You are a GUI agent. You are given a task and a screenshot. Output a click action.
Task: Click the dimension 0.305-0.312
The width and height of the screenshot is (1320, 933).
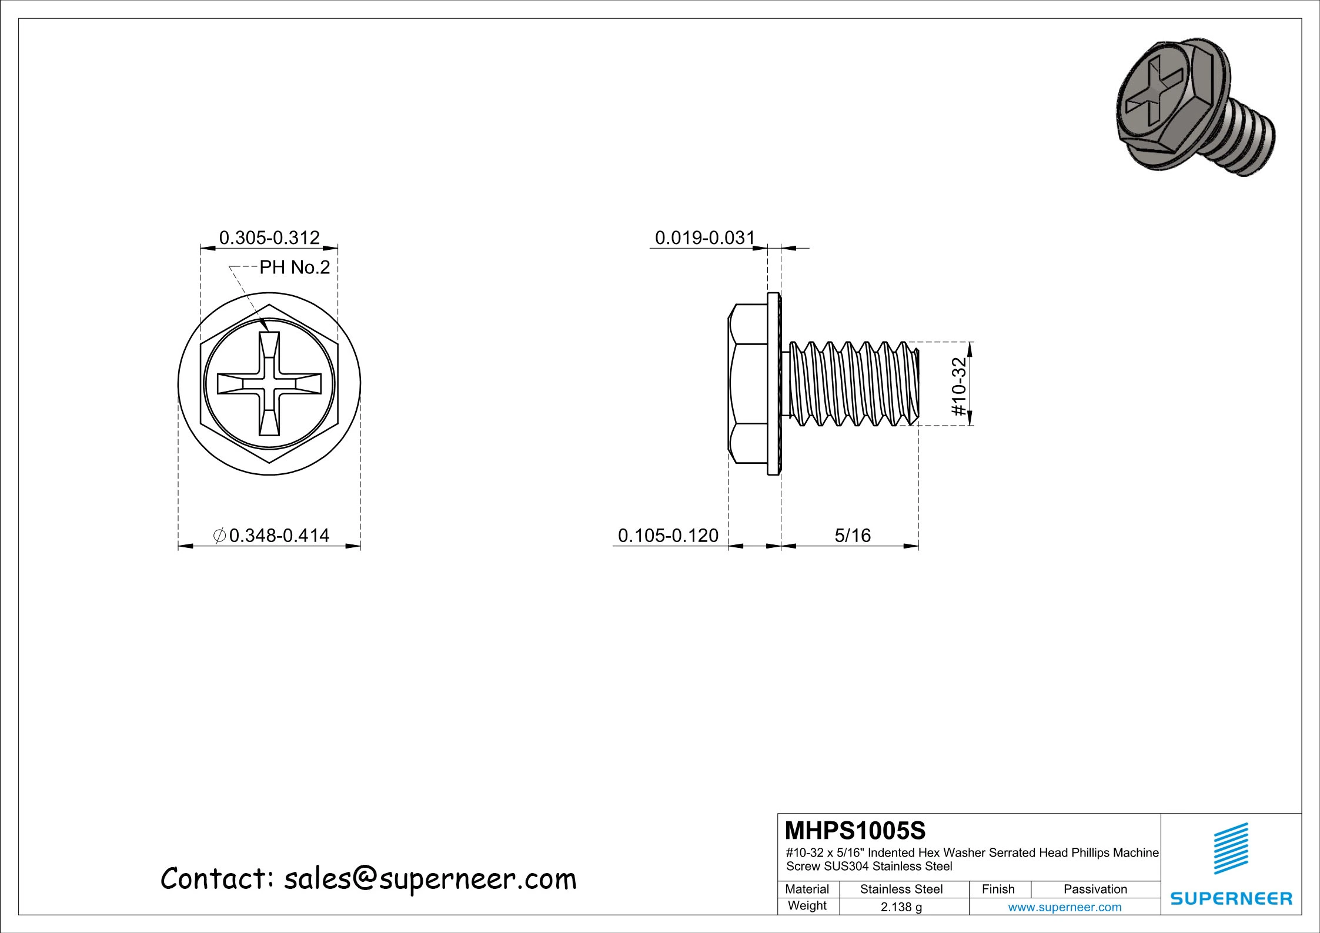(x=269, y=238)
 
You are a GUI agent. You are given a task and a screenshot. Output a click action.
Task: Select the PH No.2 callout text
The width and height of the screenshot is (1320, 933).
(x=295, y=268)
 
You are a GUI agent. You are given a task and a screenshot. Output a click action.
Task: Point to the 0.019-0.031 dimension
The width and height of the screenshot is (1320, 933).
(x=704, y=238)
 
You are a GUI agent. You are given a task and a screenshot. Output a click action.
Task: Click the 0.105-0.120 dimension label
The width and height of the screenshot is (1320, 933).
(x=668, y=535)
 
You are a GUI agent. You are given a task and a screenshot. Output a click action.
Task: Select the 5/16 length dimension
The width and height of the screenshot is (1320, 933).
(x=853, y=535)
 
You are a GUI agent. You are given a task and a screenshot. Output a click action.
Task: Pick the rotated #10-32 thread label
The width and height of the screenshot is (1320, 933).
(x=959, y=386)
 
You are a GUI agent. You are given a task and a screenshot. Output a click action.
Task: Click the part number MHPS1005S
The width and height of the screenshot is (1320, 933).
(x=856, y=831)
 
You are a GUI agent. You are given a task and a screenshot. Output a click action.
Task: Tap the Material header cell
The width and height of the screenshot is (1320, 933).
(x=807, y=889)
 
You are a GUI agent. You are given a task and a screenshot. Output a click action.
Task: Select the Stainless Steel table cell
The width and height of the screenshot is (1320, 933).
(x=901, y=889)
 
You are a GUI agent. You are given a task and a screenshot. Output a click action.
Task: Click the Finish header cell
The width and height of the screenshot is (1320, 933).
(x=998, y=889)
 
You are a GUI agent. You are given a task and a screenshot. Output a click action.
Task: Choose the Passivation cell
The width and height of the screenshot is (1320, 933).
(x=1095, y=889)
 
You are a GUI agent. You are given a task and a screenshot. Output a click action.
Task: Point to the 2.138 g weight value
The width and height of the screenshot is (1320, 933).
(x=901, y=907)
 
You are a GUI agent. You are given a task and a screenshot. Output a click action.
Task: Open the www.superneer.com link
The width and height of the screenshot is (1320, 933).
(x=1065, y=907)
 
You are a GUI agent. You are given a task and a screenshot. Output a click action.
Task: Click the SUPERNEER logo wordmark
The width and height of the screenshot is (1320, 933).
(x=1232, y=898)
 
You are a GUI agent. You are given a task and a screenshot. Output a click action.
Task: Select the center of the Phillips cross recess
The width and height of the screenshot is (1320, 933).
(x=269, y=384)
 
